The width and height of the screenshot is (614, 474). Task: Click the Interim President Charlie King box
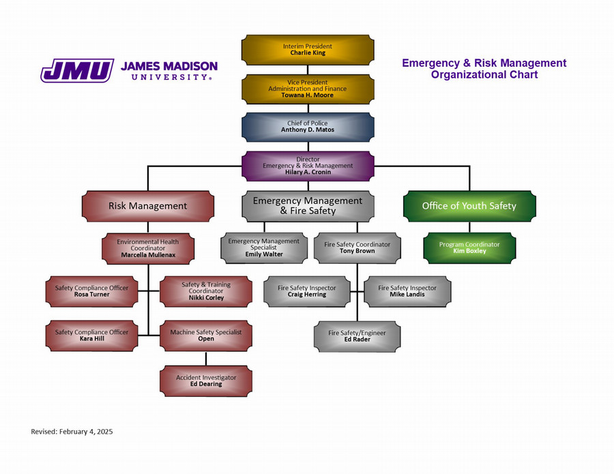[x=308, y=49]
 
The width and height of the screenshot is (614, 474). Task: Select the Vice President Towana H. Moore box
[x=308, y=89]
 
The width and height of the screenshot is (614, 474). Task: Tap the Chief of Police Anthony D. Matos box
[x=308, y=126]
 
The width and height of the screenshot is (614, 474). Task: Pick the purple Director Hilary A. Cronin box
[x=308, y=166]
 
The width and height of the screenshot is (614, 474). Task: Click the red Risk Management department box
[x=147, y=205]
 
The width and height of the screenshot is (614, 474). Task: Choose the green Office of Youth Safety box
[x=469, y=205]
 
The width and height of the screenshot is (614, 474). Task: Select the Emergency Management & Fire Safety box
[x=308, y=205]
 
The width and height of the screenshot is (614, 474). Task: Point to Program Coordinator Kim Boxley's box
[x=469, y=248]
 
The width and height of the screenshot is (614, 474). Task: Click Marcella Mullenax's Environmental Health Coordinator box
[x=147, y=248]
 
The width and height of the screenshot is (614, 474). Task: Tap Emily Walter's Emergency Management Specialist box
[x=263, y=248]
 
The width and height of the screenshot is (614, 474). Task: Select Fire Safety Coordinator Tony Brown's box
[x=357, y=248]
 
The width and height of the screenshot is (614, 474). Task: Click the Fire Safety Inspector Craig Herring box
[x=307, y=291]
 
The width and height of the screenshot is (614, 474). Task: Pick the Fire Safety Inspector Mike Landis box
[x=407, y=291]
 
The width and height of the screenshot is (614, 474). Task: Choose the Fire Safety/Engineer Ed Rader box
[x=357, y=336]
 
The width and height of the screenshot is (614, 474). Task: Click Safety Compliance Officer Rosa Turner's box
[x=91, y=291]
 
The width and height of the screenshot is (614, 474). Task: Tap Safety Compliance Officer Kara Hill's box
[x=91, y=336]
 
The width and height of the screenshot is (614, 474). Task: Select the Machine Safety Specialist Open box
[x=206, y=336]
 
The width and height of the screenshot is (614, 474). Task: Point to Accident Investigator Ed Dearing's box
[x=206, y=381]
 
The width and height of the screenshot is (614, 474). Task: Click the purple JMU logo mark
[x=76, y=70]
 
